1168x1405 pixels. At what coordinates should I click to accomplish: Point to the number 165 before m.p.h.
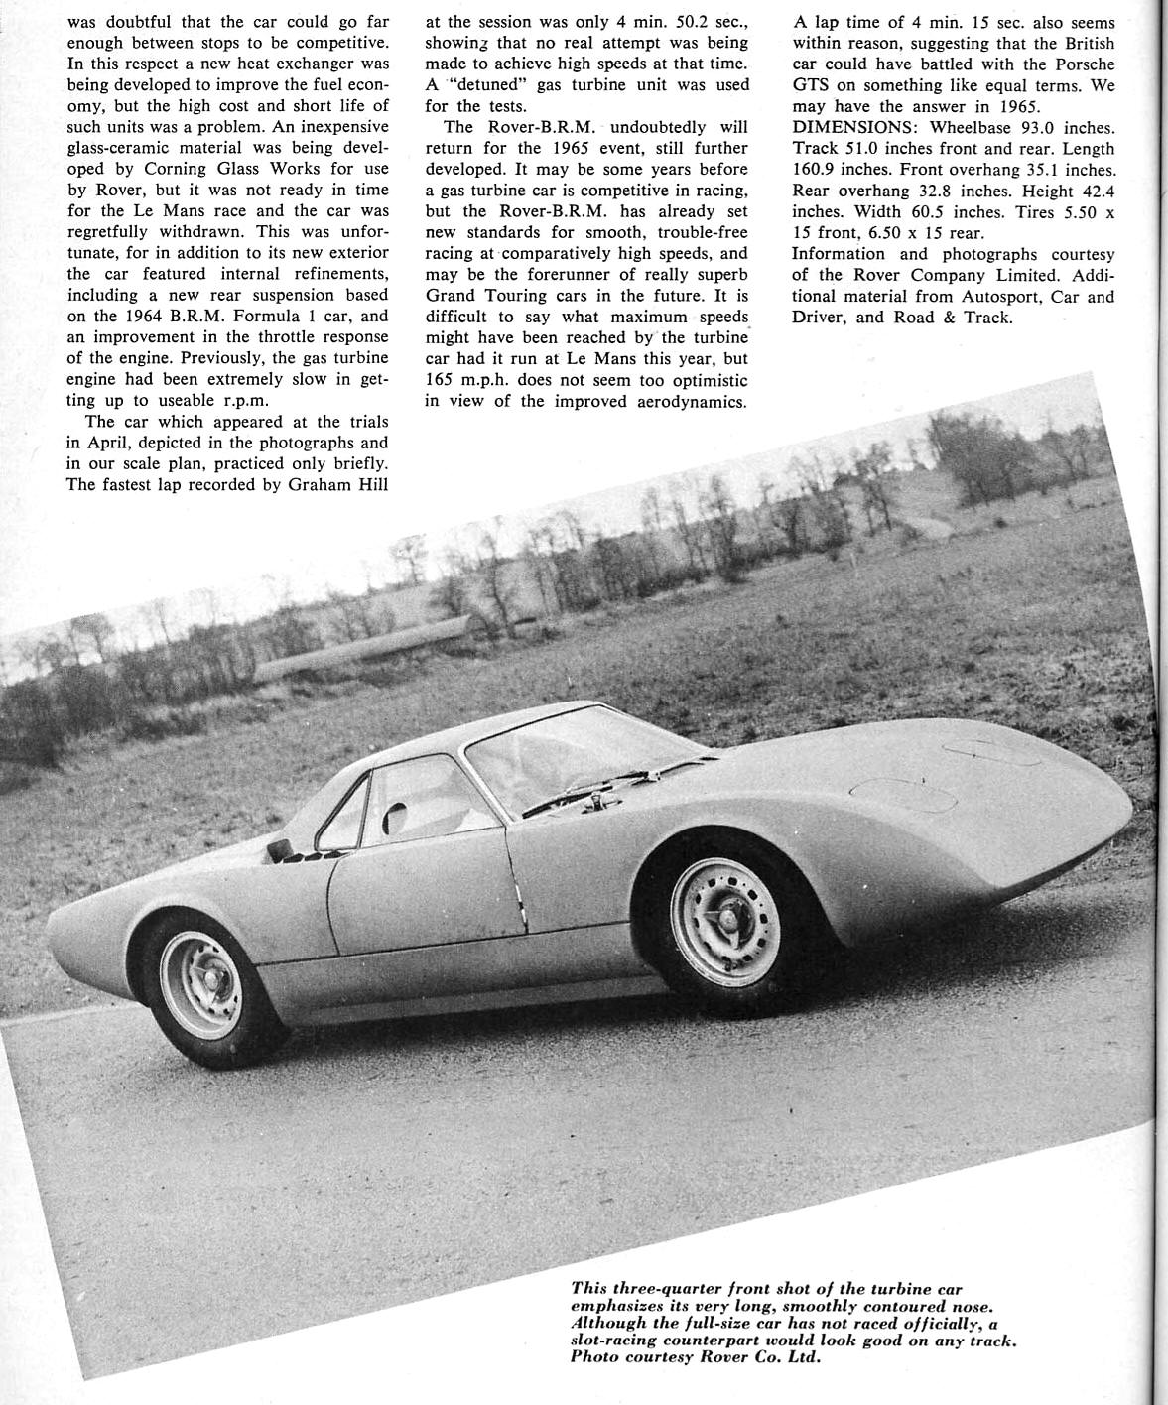pyautogui.click(x=442, y=380)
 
